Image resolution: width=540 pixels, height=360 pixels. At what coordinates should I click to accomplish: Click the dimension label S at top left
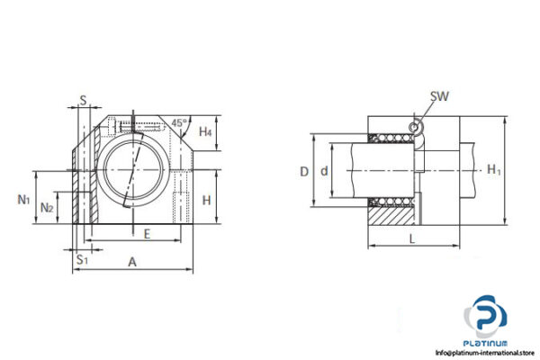click(83, 101)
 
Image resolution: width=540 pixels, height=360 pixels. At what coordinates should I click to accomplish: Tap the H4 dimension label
click(205, 132)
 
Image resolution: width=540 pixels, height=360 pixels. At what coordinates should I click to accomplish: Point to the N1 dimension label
click(23, 198)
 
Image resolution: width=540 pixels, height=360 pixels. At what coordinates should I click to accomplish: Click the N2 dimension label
click(48, 207)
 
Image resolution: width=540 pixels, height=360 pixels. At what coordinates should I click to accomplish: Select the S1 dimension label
click(82, 259)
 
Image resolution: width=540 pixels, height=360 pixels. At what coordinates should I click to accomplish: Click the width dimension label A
click(132, 262)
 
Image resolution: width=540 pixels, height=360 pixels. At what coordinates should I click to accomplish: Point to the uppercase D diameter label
click(304, 170)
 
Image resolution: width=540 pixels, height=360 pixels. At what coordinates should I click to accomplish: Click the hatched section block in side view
click(391, 213)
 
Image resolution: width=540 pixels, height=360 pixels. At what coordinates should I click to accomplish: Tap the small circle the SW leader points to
click(415, 127)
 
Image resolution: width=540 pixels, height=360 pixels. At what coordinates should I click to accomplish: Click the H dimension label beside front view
click(206, 200)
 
